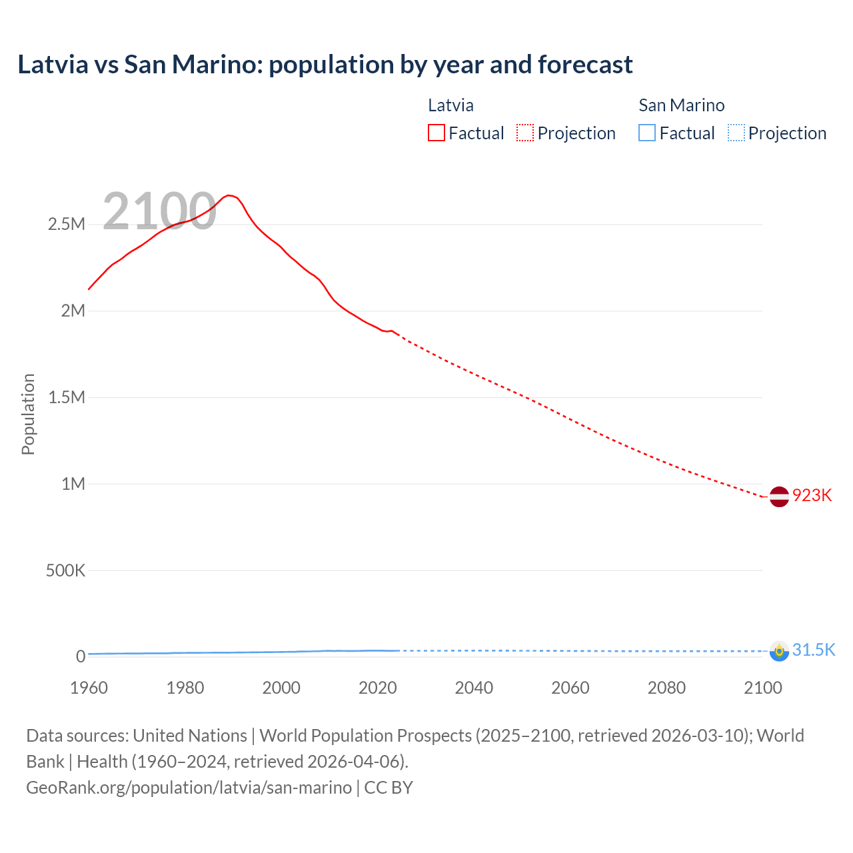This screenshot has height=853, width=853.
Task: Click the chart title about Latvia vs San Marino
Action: point(325,65)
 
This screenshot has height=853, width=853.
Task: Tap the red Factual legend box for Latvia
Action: point(436,133)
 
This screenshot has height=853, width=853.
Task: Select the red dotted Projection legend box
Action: point(525,133)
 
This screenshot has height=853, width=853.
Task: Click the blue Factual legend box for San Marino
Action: point(646,133)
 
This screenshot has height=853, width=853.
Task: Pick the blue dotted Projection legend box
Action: point(736,133)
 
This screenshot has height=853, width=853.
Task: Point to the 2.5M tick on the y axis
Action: point(67,224)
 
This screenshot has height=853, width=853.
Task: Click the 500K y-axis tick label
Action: point(65,570)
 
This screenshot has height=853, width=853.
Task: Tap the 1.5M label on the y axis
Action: point(67,397)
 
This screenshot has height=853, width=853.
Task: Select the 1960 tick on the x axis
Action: point(89,688)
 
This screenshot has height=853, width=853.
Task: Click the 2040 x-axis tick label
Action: point(474,688)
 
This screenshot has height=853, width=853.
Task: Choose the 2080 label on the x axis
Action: point(666,688)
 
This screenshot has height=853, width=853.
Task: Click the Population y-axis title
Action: point(28,414)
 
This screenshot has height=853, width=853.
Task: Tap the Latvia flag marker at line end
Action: point(779,496)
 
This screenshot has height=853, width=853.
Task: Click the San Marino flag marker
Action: point(779,651)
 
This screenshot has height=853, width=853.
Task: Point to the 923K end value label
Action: point(812,495)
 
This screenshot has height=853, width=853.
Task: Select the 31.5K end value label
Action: point(813,650)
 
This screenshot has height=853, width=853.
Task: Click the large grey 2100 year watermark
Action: point(159,211)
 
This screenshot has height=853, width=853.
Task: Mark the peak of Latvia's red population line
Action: point(229,195)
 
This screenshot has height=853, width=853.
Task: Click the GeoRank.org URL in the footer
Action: point(189,787)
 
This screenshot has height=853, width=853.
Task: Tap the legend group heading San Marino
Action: point(681,105)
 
